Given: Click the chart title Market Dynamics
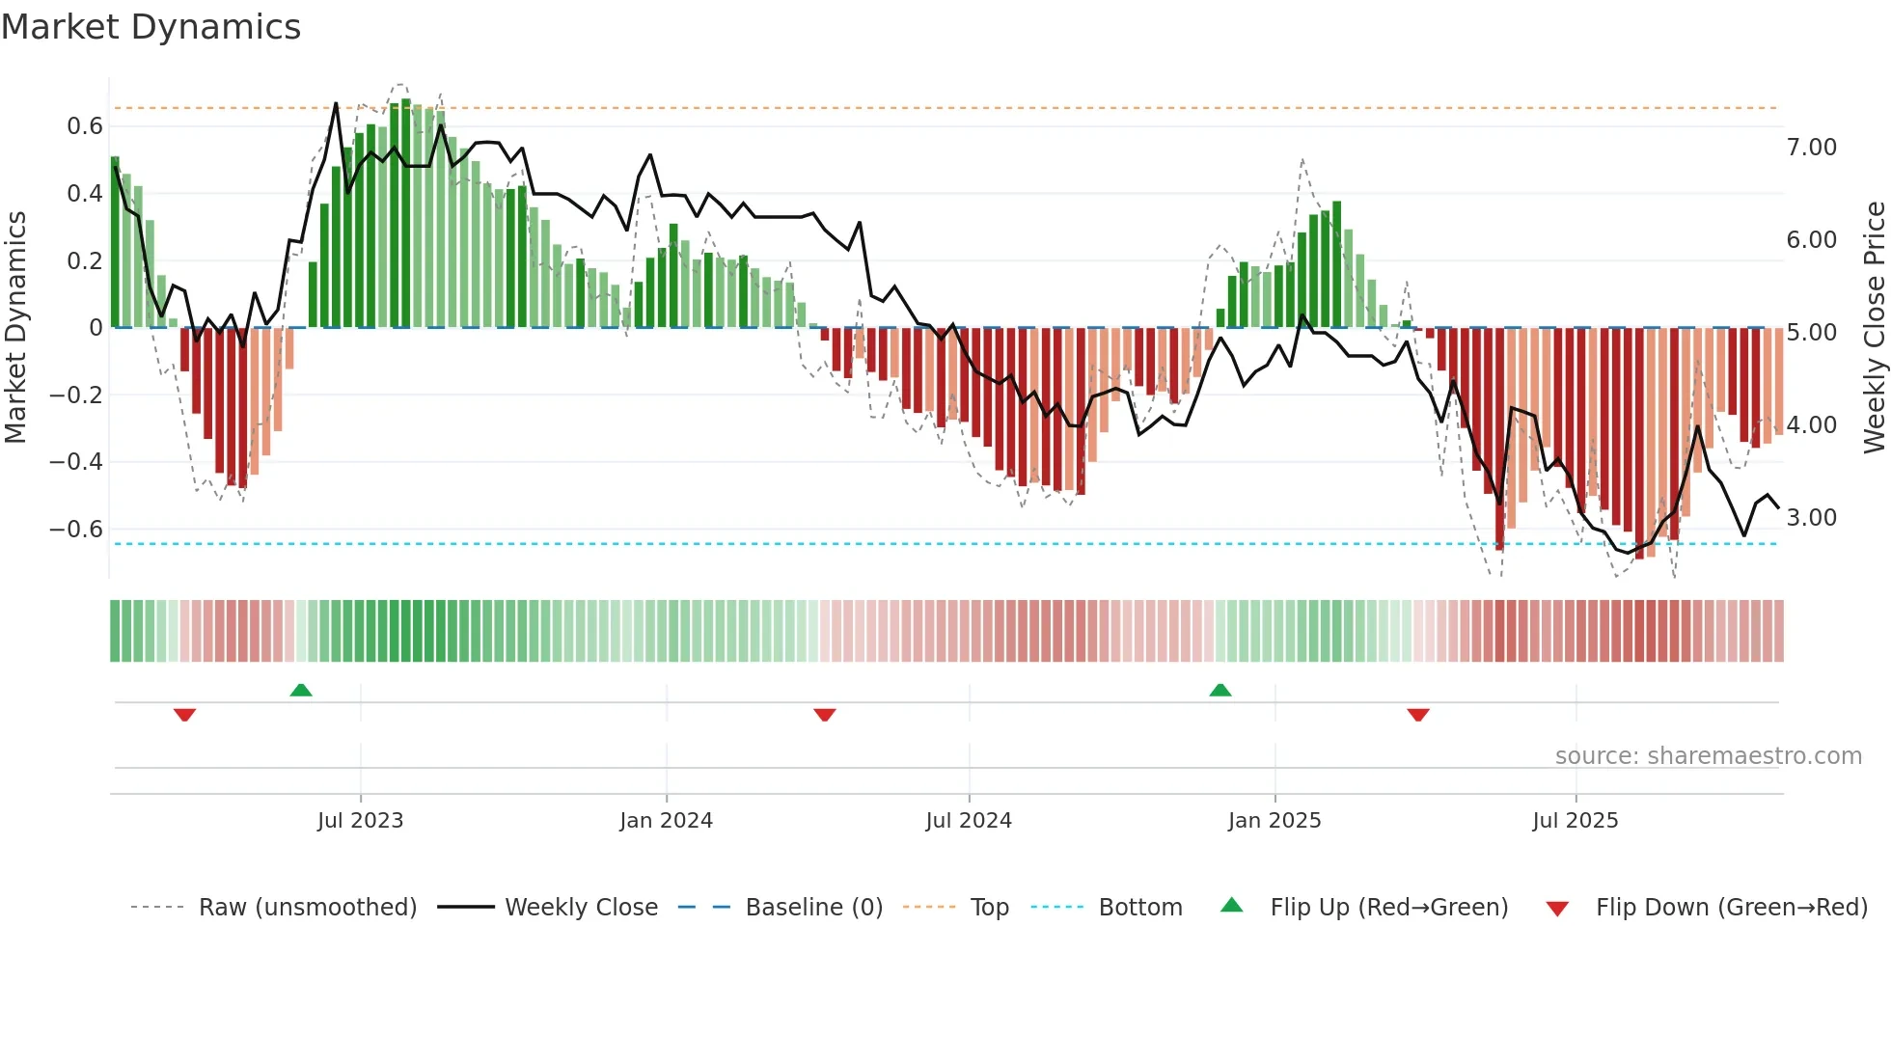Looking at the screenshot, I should tap(151, 27).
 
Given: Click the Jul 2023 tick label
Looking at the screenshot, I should tap(360, 821).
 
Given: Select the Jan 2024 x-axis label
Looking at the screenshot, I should tap(666, 821).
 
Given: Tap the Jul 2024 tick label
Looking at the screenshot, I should tap(969, 821).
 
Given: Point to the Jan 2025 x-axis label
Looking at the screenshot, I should tap(1274, 821).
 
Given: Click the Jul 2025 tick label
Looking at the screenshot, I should tap(1576, 821).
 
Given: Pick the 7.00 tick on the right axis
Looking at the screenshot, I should tap(1811, 148).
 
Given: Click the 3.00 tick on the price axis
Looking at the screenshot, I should tap(1811, 518).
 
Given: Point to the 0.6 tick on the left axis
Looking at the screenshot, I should tap(85, 126).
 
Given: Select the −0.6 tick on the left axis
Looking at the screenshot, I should tap(76, 530).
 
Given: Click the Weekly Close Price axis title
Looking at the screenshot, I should tap(1874, 328).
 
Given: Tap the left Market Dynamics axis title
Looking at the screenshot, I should tap(15, 328).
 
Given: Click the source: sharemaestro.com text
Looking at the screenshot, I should tap(1708, 756).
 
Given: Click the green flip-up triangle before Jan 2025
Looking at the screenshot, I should tap(1220, 690).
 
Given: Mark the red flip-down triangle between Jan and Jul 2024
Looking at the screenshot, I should tap(824, 715).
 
